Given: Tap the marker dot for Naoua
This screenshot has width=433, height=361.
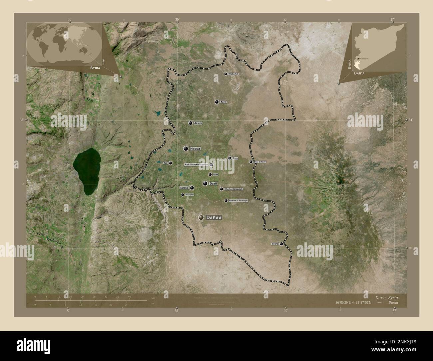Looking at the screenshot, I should point(185,149).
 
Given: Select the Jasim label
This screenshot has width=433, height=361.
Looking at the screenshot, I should point(198,123).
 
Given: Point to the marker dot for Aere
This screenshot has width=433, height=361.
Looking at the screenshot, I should point(217,102).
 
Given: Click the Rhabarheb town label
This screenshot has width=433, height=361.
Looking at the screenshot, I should point(233,74).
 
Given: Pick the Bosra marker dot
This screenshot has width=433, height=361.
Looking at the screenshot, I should point(281,244).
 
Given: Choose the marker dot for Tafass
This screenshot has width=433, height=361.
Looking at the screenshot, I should point(192,188).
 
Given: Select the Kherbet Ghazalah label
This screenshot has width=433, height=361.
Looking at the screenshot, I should point(234,189).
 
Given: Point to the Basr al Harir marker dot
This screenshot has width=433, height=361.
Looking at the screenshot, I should point(251,162).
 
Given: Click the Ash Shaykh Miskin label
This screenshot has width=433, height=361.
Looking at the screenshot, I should point(196,165).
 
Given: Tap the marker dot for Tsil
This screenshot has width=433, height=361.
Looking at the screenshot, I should point(170,163).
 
